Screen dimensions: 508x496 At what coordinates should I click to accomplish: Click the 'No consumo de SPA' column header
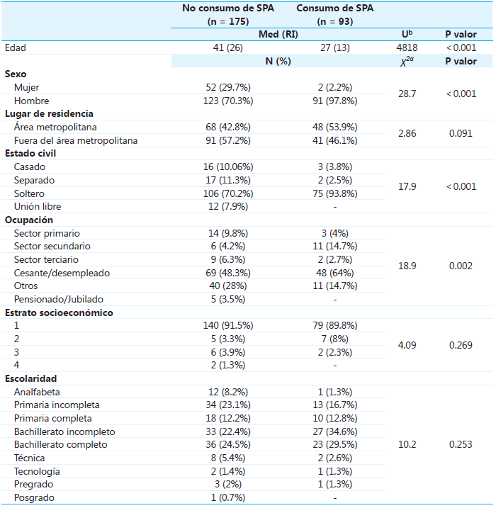coord(227,9)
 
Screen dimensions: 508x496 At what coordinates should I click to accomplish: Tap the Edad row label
coord(16,47)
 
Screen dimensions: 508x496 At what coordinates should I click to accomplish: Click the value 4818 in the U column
coord(407,47)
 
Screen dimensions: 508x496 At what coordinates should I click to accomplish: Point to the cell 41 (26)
coord(227,47)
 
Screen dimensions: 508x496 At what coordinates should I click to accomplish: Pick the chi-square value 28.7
coord(407,94)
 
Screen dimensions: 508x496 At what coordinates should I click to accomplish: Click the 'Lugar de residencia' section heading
coord(49,113)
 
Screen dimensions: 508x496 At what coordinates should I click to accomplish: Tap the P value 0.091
coord(461,133)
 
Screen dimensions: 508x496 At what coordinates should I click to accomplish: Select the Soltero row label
coord(30,193)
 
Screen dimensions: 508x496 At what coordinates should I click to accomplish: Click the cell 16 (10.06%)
coord(227,166)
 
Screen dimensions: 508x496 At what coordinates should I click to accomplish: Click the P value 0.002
coord(461,266)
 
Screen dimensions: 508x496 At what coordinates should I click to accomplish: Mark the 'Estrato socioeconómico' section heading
coord(59,312)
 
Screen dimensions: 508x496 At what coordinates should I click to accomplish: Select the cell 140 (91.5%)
coord(227,326)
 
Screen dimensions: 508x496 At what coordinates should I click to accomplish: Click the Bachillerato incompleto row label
coord(64,432)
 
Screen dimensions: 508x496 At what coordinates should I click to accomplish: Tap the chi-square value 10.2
coord(407,445)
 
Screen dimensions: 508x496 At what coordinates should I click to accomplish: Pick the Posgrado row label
coord(33,498)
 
